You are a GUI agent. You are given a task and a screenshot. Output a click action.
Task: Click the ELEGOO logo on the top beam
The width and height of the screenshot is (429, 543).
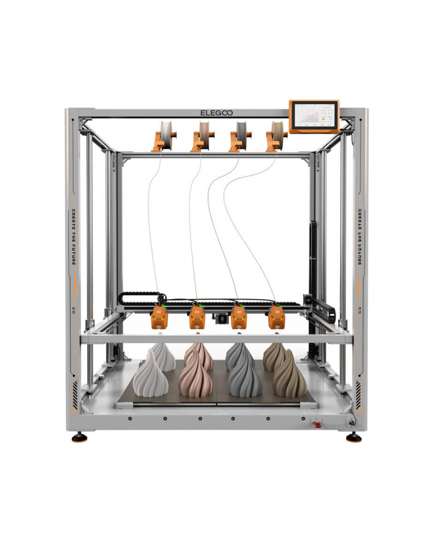(x=216, y=113)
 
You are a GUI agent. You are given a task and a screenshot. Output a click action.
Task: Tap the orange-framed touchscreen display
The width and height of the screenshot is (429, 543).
(x=314, y=115)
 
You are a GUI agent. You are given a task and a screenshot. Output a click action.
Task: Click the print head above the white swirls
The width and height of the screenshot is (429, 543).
(x=160, y=317)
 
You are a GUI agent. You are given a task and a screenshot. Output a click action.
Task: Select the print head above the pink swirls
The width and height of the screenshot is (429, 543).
(x=197, y=317)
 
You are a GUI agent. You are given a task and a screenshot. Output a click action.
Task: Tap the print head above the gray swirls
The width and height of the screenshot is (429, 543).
(x=238, y=317)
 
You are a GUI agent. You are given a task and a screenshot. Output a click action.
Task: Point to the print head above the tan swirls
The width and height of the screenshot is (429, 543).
(x=276, y=317)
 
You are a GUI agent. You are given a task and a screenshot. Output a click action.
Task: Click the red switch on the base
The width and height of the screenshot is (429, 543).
(x=317, y=423)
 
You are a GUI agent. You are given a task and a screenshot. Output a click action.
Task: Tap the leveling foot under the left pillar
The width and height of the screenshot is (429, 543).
(x=78, y=438)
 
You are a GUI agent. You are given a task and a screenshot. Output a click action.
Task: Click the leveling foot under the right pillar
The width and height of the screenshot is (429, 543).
(x=354, y=438)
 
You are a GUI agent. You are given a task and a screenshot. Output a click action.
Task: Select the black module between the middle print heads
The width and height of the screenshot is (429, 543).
(x=218, y=317)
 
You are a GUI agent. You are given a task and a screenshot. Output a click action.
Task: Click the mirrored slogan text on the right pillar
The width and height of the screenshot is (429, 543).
(x=360, y=237)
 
